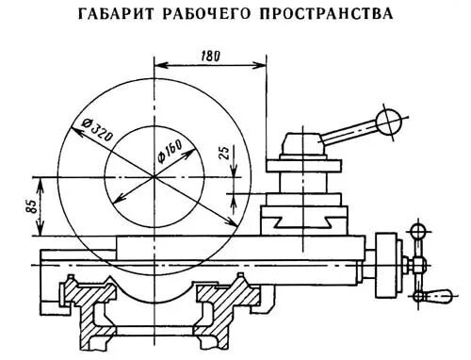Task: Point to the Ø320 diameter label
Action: point(97,129)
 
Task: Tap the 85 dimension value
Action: point(32,205)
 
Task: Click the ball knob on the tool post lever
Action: point(386,121)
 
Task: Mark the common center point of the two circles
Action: point(154,175)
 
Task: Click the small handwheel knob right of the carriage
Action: point(415,230)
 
